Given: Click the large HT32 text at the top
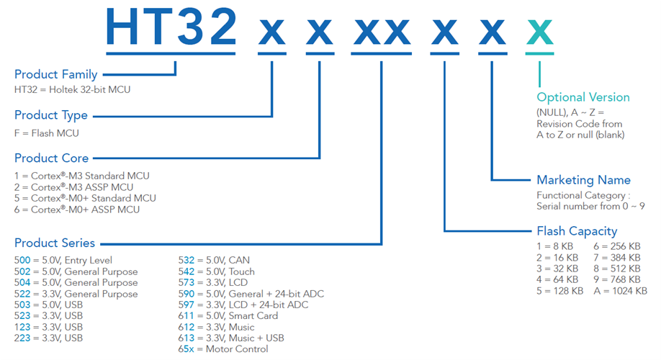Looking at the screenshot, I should tap(171, 27).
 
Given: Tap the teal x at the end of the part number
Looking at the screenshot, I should tap(540, 32).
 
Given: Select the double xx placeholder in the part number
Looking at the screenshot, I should tap(382, 32).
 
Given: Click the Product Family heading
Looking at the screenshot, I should tap(55, 74).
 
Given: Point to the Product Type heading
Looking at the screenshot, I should tap(51, 115).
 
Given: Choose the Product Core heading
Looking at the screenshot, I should tap(52, 158).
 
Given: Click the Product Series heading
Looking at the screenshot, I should tap(55, 243).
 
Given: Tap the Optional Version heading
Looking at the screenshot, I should tap(583, 97).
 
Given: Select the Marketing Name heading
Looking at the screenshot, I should tap(583, 180).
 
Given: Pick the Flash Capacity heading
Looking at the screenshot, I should tap(577, 231).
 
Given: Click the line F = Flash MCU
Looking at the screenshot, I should tap(47, 133).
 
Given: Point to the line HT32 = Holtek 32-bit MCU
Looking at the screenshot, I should tap(73, 90).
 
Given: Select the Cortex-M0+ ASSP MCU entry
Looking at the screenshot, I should tap(77, 210).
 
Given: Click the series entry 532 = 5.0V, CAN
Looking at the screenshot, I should tap(214, 260).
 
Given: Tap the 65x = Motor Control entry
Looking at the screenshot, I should tap(223, 349).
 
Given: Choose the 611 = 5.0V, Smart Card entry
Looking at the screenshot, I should tap(228, 316).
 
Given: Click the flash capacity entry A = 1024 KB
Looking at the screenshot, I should tap(620, 291).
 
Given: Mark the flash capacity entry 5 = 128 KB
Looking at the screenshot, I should tap(557, 291).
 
